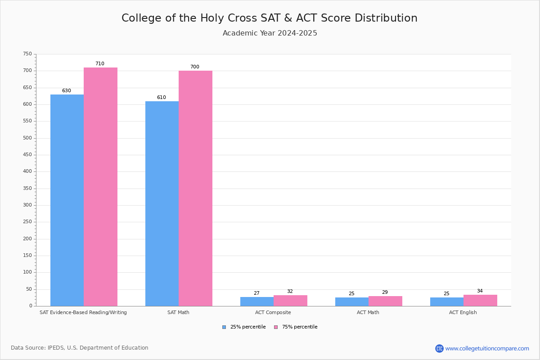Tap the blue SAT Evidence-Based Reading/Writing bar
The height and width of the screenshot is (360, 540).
[67, 200]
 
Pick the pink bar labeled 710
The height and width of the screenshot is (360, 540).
[100, 187]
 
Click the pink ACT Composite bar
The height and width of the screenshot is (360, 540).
[290, 301]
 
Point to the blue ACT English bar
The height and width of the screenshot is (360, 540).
[447, 301]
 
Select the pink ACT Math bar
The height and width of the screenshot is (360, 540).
[385, 301]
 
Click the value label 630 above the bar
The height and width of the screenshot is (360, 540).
[67, 91]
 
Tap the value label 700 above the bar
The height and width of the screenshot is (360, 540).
[194, 67]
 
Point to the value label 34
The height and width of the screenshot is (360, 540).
[480, 291]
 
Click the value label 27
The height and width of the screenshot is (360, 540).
[256, 293]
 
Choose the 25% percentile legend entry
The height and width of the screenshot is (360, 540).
[244, 327]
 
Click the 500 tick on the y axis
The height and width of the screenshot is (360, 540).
[27, 138]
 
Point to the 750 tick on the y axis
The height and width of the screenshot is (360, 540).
[27, 54]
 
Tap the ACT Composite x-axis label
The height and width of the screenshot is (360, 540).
[273, 312]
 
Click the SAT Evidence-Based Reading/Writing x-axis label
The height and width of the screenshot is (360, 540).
[83, 312]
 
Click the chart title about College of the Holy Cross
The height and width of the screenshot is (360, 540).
[270, 18]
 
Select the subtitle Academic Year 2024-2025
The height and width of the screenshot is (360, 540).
[270, 33]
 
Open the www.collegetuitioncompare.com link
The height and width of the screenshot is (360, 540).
[487, 348]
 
